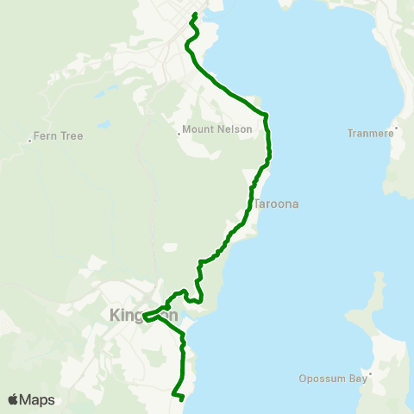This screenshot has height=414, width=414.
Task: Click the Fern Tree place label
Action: [59, 136]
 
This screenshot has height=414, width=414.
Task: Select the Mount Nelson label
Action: [218, 130]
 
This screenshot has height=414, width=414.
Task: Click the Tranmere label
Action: [369, 134]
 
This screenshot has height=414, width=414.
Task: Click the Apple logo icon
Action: [14, 399]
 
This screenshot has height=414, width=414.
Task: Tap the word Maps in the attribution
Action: [38, 399]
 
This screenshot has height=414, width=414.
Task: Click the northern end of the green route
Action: [196, 14]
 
